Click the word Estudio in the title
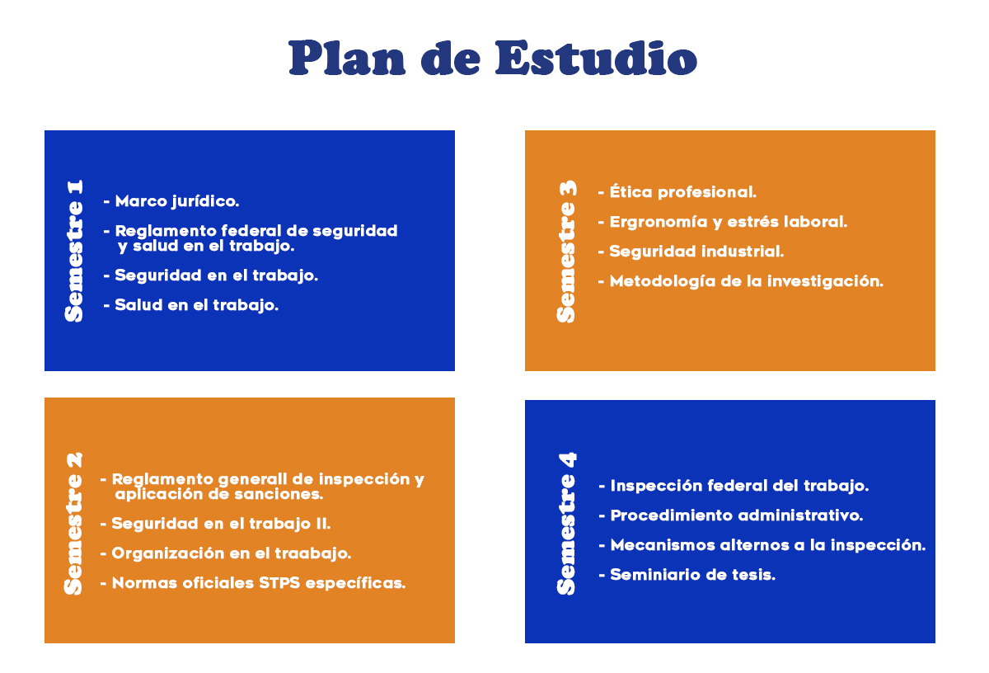coord(596,58)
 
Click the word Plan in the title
coord(347,58)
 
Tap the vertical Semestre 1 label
coord(73,251)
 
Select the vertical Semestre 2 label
coord(73,524)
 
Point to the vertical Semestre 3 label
coord(567,252)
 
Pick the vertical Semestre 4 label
coord(567,524)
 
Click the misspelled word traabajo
coord(313,553)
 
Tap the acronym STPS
coord(279,583)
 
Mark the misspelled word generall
coord(252,480)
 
